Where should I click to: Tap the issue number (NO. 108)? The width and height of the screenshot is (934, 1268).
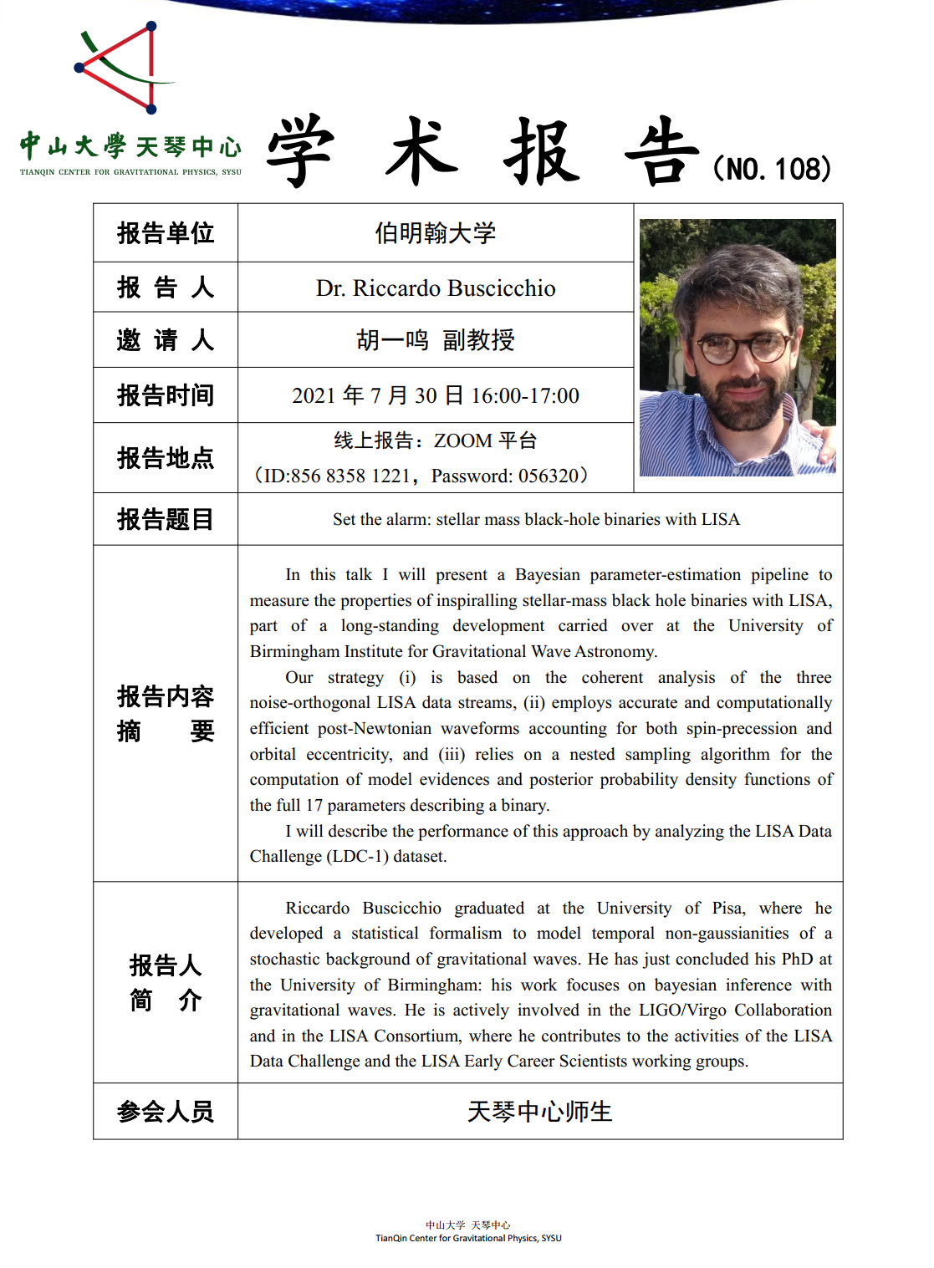tap(773, 169)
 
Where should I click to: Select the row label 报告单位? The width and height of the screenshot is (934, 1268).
tap(166, 233)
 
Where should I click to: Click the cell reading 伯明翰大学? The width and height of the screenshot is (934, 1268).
tap(435, 233)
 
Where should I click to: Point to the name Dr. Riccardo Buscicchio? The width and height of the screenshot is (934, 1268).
tap(435, 288)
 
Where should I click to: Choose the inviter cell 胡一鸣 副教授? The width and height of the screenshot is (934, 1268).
tap(435, 340)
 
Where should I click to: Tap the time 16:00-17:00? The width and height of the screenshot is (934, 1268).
tap(525, 395)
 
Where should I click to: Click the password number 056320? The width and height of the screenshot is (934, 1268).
tap(549, 476)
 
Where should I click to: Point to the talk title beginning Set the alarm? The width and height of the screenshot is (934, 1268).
tap(536, 519)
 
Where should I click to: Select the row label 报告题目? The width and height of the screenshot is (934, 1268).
tap(166, 519)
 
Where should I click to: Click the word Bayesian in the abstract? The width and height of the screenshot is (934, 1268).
tap(547, 575)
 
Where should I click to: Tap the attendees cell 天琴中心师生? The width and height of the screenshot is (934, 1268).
tap(539, 1112)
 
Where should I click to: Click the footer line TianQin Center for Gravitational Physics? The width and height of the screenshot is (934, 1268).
tap(468, 1239)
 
